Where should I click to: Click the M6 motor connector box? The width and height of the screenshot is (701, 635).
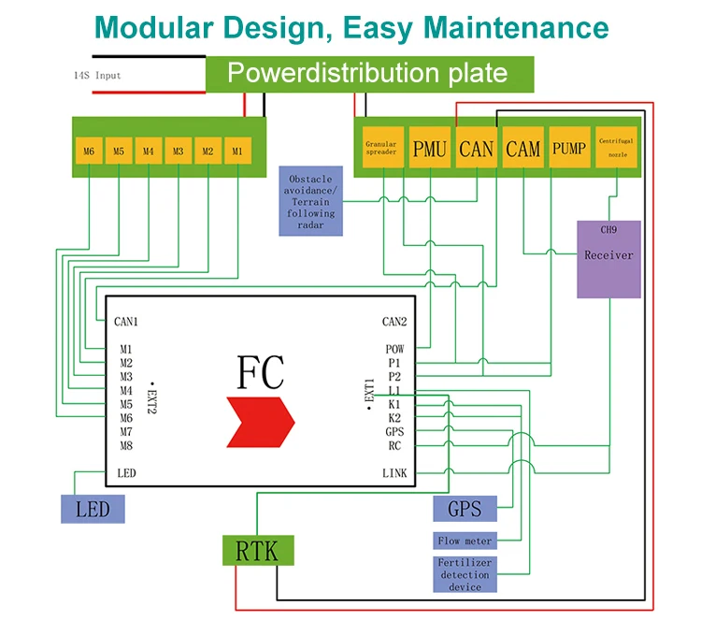(x=89, y=151)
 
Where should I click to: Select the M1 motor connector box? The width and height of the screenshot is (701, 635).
(x=237, y=151)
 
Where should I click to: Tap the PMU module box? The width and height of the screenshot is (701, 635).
(x=430, y=148)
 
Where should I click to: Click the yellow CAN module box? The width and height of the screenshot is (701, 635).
(x=477, y=148)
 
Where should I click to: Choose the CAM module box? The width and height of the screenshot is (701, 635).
(x=523, y=148)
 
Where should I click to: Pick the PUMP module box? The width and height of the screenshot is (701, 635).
(x=569, y=148)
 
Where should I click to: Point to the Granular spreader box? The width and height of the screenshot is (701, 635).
(x=381, y=148)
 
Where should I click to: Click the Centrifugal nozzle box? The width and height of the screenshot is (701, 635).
(x=616, y=148)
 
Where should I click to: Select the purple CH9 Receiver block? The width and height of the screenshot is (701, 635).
(x=608, y=259)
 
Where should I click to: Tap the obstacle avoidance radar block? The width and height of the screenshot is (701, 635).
(x=310, y=201)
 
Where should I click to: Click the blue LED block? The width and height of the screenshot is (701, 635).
(x=93, y=509)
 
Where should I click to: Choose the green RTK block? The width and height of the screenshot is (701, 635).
(x=257, y=551)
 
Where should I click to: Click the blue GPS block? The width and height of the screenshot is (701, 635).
(x=465, y=510)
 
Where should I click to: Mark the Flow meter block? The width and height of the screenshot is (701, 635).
(x=465, y=541)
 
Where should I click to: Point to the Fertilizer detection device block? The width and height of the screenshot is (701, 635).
(x=465, y=574)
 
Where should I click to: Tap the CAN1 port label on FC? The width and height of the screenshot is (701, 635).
(x=126, y=322)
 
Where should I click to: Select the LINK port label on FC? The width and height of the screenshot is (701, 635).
(x=394, y=473)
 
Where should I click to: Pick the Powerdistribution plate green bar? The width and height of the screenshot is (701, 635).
(x=368, y=74)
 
